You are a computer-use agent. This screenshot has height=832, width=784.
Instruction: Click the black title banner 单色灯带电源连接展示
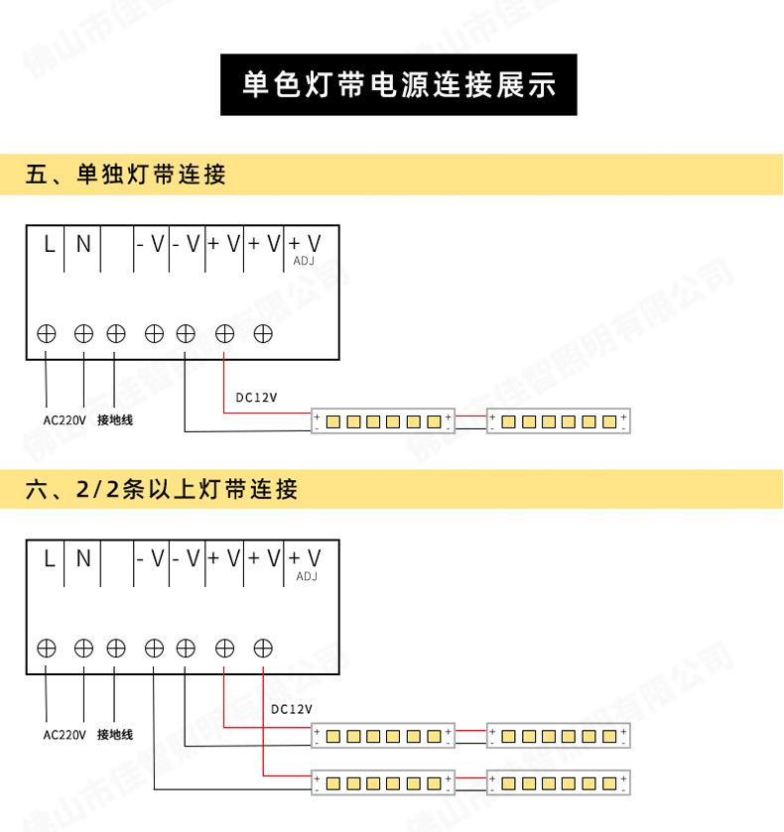click(398, 84)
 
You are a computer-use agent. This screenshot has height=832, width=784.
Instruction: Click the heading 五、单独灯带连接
click(126, 176)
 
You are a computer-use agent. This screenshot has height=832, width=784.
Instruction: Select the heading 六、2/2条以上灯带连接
click(162, 489)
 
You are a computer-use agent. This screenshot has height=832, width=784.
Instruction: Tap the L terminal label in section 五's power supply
click(48, 244)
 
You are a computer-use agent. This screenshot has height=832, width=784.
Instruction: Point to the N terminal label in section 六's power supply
click(83, 558)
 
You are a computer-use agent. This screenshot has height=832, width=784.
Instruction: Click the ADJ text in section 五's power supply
click(305, 262)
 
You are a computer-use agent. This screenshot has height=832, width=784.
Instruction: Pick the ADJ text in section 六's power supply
click(306, 576)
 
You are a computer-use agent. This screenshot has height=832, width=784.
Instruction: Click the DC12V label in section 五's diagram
click(256, 399)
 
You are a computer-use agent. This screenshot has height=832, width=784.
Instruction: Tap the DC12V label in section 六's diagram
click(291, 709)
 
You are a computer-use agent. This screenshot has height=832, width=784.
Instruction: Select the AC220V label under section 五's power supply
click(65, 419)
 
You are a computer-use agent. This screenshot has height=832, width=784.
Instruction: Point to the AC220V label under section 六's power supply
click(65, 735)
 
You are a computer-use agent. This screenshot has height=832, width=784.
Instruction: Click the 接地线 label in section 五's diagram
click(115, 419)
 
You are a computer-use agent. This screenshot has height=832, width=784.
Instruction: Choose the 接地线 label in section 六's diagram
click(115, 735)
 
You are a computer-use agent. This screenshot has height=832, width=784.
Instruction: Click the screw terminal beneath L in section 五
click(47, 334)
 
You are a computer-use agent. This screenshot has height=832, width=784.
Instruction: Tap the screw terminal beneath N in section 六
click(84, 649)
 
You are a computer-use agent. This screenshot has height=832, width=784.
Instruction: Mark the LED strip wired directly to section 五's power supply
click(383, 421)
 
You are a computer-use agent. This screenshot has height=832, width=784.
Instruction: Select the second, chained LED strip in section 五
click(559, 421)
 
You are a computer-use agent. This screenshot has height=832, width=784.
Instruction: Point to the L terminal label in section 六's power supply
click(48, 558)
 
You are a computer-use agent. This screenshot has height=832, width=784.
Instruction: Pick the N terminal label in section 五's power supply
click(83, 244)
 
